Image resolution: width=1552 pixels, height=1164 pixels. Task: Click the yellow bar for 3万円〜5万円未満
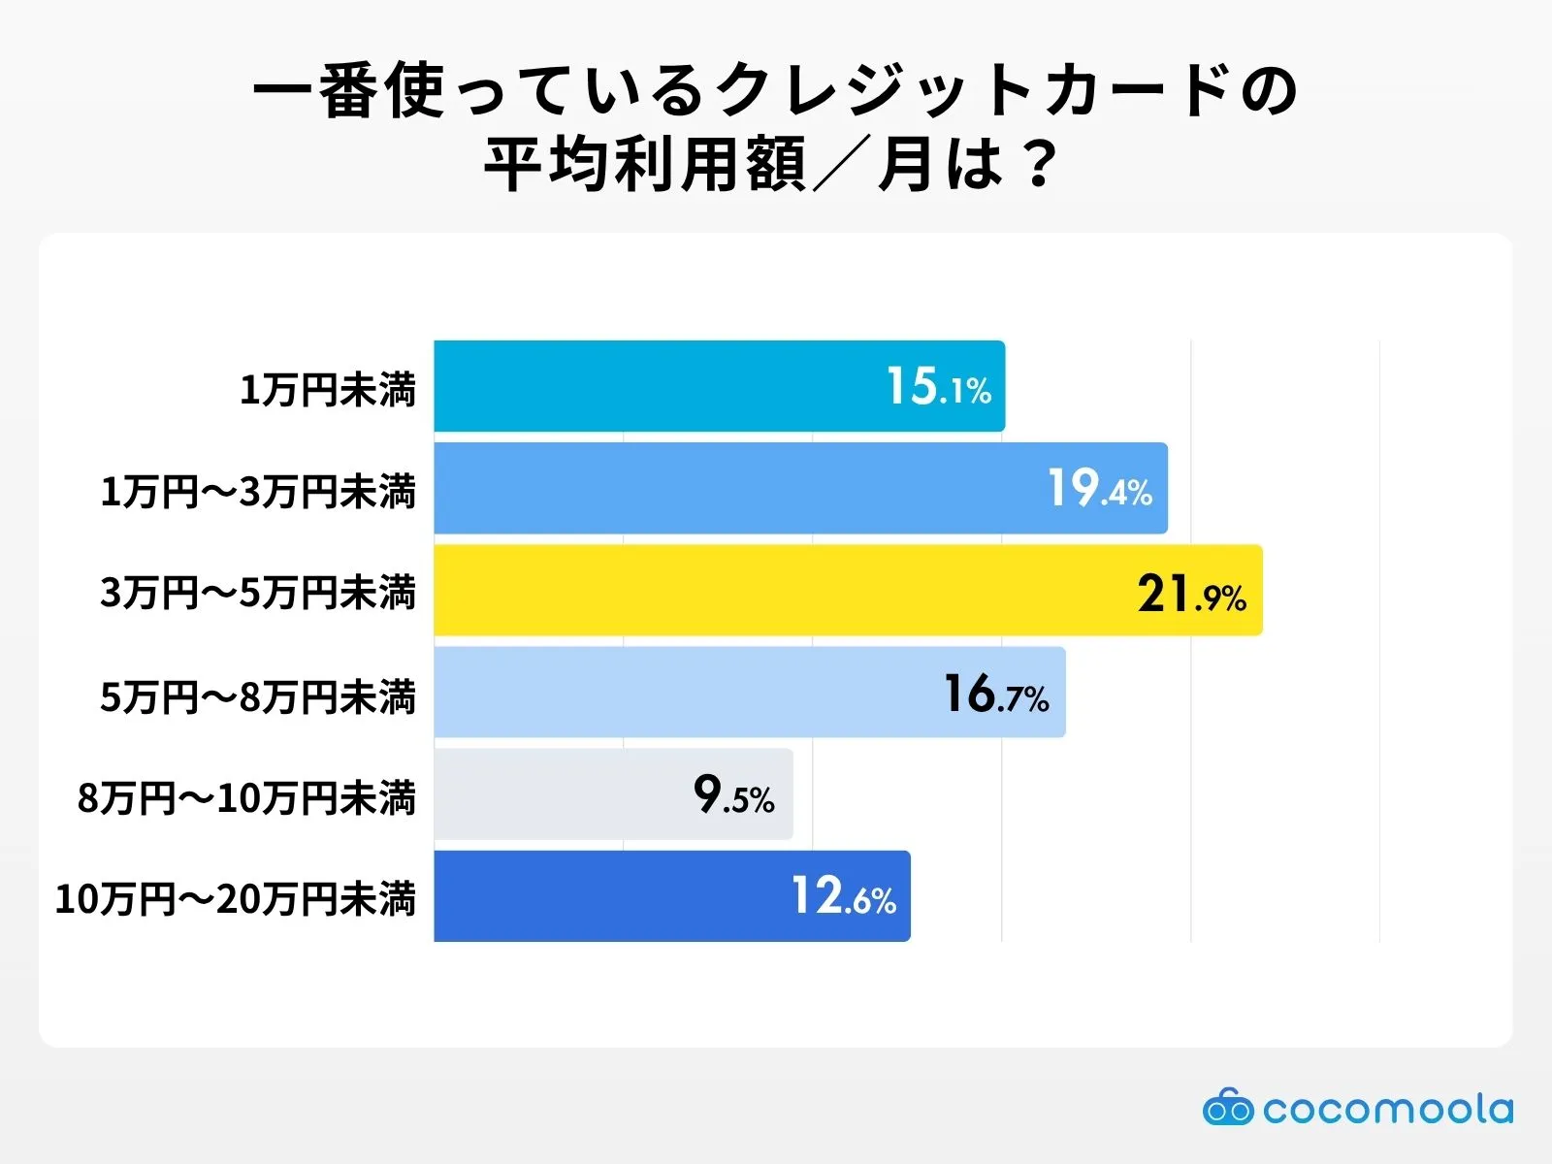pyautogui.click(x=776, y=590)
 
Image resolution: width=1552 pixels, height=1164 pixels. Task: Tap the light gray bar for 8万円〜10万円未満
pyautogui.click(x=563, y=793)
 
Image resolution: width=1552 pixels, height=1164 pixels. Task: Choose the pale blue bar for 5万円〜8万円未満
pyautogui.click(x=679, y=693)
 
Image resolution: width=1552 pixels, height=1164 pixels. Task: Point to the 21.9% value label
pyautogui.click(x=1191, y=594)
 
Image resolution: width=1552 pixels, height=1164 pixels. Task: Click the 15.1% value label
pyautogui.click(x=938, y=387)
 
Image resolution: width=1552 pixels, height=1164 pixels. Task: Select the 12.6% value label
pyautogui.click(x=843, y=897)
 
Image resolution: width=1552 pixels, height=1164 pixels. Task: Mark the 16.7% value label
pyautogui.click(x=996, y=695)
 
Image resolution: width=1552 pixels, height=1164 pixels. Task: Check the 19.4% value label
pyautogui.click(x=1099, y=489)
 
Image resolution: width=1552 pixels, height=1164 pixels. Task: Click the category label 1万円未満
pyautogui.click(x=328, y=390)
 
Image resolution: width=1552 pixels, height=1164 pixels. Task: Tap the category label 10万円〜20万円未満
pyautogui.click(x=236, y=899)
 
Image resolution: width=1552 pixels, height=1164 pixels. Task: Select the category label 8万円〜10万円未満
pyautogui.click(x=246, y=798)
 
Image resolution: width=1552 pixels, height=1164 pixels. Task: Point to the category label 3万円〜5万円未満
pyautogui.click(x=258, y=593)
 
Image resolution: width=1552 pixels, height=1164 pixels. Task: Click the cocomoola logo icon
pyautogui.click(x=1227, y=1107)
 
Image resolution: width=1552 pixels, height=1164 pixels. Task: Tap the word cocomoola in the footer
pyautogui.click(x=1387, y=1109)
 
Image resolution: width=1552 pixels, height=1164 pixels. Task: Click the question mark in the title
pyautogui.click(x=1039, y=165)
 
